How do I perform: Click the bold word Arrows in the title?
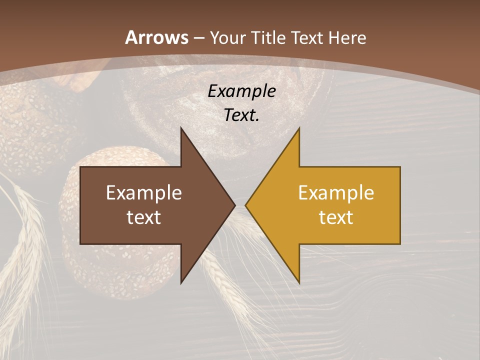coord(157,37)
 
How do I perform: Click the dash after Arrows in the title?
coord(199,38)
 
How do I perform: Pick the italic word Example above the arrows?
coord(241,91)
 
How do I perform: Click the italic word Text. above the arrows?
coord(241,115)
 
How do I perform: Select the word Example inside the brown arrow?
coord(144,193)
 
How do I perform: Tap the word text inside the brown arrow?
coord(144,217)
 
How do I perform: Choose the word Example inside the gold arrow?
coord(336,193)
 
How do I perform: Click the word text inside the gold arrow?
coord(336,217)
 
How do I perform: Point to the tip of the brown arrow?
coord(235,205)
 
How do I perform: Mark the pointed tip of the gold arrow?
coord(245,205)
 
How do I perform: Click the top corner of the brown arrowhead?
coord(181,127)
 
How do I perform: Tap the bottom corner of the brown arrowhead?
coord(181,283)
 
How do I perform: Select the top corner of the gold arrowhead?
coord(299,127)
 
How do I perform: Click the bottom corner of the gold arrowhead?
coord(299,283)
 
